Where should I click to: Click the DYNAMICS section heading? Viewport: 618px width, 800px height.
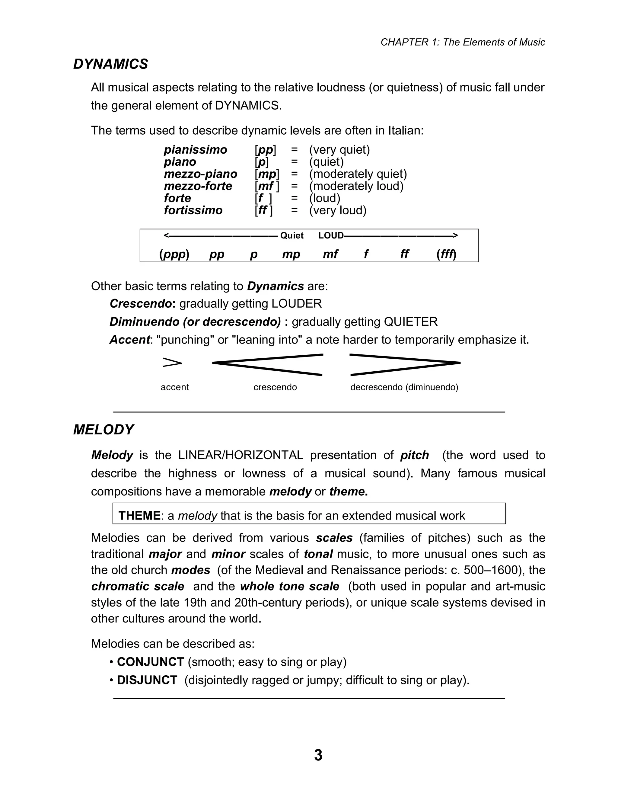tap(110, 64)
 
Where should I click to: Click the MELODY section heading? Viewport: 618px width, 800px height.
tap(104, 430)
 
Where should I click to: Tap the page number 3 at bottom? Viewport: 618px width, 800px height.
tap(318, 755)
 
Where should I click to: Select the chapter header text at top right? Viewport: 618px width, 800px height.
tap(463, 43)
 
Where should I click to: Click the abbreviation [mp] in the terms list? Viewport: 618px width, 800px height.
tap(267, 174)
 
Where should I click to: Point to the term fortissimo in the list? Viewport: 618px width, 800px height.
tap(193, 210)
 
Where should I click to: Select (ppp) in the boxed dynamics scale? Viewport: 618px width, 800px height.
tap(174, 254)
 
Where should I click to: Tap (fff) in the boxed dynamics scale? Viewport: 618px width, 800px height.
tap(446, 254)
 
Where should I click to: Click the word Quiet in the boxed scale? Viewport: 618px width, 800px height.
tap(291, 235)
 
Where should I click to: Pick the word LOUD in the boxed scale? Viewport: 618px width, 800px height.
tap(331, 235)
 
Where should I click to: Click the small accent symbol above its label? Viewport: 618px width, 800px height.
tap(172, 363)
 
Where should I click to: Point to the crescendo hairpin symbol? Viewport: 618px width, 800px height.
tap(268, 364)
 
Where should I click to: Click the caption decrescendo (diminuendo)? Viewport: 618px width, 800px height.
tap(404, 387)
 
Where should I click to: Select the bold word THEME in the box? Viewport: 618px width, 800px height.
tap(139, 516)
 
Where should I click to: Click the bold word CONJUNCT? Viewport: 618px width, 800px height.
tap(150, 662)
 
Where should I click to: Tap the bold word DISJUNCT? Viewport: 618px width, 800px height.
tap(147, 680)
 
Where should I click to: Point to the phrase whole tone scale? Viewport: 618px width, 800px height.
tap(290, 587)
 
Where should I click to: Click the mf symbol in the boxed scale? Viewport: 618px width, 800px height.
tap(330, 254)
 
